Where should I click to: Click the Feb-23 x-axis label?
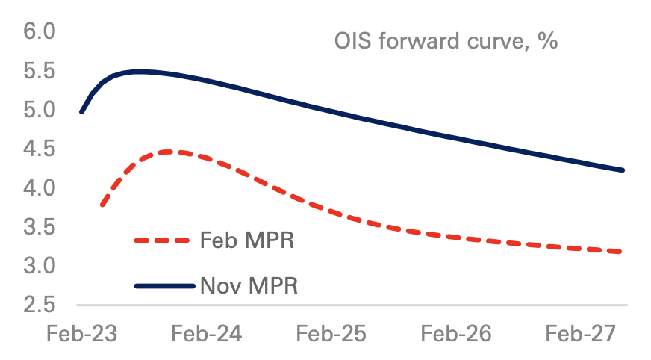tap(81, 334)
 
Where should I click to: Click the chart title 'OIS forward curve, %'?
tap(446, 41)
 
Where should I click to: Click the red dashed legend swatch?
tap(163, 240)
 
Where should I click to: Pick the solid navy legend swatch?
tap(163, 285)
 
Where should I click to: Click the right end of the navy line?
tap(623, 170)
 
